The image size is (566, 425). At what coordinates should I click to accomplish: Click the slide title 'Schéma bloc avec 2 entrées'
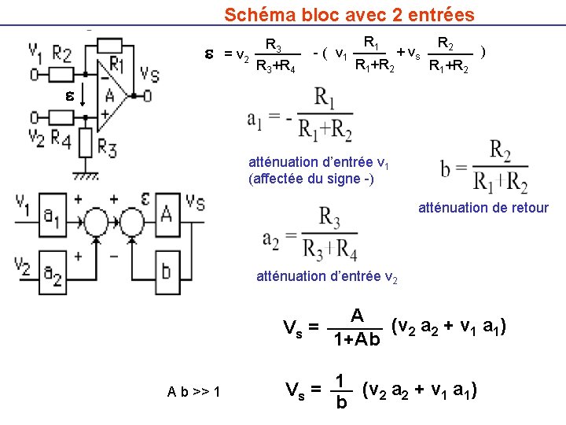pyautogui.click(x=349, y=14)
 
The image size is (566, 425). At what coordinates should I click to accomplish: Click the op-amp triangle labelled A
pyautogui.click(x=112, y=94)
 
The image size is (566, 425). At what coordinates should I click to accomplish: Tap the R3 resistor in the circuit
pyautogui.click(x=87, y=144)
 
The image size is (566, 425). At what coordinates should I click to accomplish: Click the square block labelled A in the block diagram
pyautogui.click(x=167, y=213)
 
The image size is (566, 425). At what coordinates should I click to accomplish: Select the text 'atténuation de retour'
pyautogui.click(x=483, y=208)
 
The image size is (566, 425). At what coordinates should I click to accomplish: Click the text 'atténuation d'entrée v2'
pyautogui.click(x=327, y=276)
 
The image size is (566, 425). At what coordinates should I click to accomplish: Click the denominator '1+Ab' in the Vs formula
pyautogui.click(x=357, y=340)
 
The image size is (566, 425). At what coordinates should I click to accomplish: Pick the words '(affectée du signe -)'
pyautogui.click(x=311, y=178)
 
